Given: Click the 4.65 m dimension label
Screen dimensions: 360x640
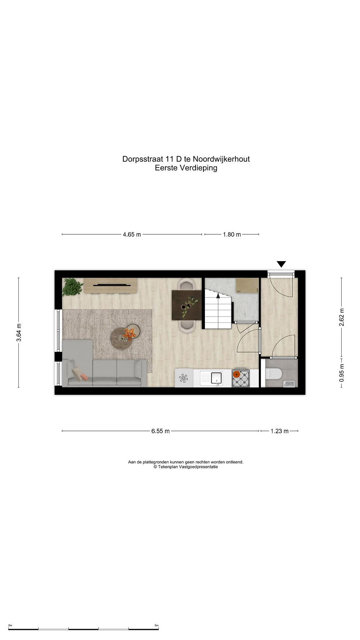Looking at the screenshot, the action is click(132, 234).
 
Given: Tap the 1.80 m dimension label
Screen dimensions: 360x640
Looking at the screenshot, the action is click(232, 234).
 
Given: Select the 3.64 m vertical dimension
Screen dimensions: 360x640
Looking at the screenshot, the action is click(19, 333).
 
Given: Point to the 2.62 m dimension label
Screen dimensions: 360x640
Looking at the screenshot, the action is click(342, 317).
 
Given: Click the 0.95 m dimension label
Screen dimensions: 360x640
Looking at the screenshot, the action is click(342, 373).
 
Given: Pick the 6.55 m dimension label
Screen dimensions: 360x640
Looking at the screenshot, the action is click(161, 431).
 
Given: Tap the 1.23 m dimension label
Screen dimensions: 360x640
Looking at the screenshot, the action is click(280, 431).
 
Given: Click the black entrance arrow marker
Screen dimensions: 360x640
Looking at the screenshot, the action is click(281, 264).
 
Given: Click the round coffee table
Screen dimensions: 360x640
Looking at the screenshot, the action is click(121, 338).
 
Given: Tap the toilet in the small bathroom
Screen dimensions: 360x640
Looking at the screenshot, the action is click(273, 374).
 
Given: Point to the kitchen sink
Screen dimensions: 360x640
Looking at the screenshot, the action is click(217, 378).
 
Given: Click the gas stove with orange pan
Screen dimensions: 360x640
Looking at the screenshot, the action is click(240, 377).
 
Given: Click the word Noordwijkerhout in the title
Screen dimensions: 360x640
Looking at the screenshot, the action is click(221, 159).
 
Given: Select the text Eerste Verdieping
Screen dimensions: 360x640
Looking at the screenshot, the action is click(186, 168).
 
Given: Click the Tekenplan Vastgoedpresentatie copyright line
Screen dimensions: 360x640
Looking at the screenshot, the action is click(186, 467).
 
